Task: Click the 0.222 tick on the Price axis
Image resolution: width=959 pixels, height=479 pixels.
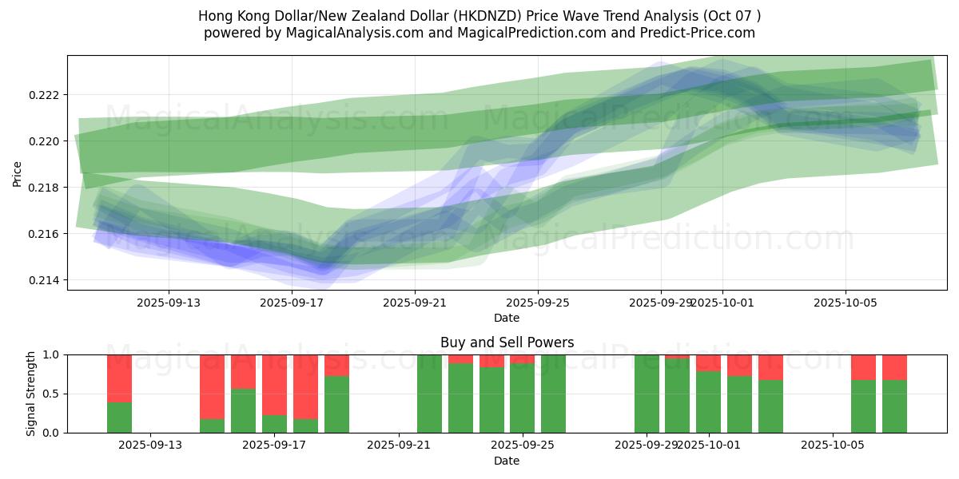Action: (45, 95)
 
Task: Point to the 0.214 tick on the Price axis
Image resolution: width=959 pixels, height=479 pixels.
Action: (45, 280)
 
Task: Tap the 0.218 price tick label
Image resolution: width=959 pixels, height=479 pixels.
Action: (45, 188)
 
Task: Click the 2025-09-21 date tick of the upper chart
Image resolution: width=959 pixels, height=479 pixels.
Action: (414, 303)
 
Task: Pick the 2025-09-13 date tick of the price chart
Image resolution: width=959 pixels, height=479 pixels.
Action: (168, 303)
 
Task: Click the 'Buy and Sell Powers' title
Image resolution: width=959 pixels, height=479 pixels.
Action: (507, 342)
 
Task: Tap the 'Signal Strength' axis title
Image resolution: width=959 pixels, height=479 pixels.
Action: (31, 394)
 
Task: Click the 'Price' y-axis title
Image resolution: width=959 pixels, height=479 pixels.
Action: (18, 173)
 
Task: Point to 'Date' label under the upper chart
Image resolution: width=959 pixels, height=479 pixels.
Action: (507, 318)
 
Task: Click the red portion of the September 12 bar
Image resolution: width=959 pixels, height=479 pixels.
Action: (119, 378)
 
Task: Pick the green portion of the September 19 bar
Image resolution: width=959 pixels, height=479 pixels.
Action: (336, 404)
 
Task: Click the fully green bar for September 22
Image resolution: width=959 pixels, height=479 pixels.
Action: (429, 394)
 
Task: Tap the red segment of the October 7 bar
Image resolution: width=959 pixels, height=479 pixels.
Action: (894, 367)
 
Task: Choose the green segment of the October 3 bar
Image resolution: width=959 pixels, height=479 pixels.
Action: (770, 406)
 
